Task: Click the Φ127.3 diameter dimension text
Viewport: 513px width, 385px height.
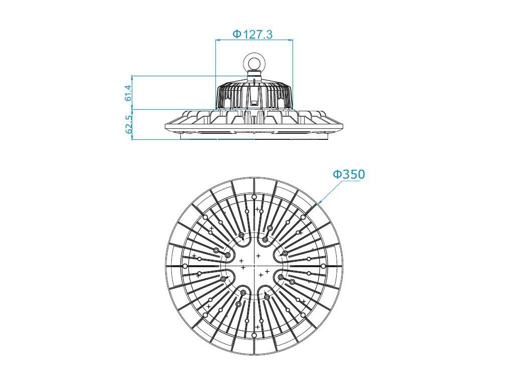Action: pos(252,34)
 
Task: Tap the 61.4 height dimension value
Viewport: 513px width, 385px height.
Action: pos(128,93)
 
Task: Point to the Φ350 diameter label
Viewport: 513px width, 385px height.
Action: pos(349,174)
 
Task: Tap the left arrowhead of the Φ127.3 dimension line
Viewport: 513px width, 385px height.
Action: pos(217,40)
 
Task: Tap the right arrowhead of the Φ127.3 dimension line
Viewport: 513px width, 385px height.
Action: pos(291,40)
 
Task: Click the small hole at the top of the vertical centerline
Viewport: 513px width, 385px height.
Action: pos(254,197)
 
